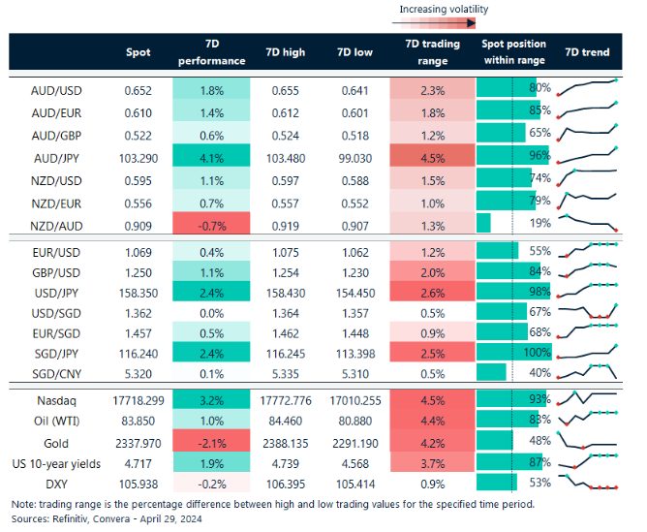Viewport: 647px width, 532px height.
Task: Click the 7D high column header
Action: [283, 51]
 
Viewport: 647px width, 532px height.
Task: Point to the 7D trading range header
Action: [433, 51]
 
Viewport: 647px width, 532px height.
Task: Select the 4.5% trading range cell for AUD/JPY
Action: [433, 155]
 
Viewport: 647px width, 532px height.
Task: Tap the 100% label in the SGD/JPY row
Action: [536, 353]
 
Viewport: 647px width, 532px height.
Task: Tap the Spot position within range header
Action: [513, 51]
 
